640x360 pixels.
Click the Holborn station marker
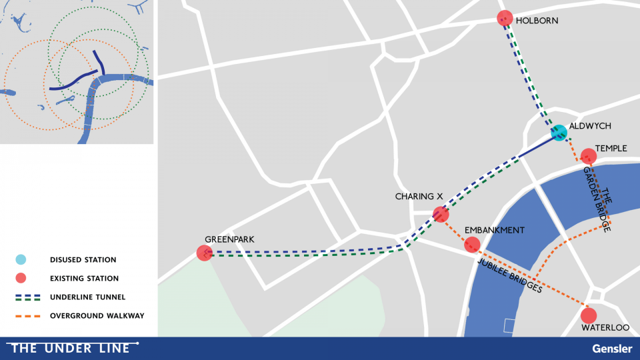(x=505, y=18)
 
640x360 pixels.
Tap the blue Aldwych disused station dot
(x=559, y=133)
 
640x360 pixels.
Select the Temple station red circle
(x=588, y=156)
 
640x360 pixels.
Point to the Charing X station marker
(x=441, y=214)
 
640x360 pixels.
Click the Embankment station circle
(x=472, y=245)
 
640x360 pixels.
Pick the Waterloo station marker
(x=588, y=315)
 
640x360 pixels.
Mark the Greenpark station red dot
(x=205, y=253)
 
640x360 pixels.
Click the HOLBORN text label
(x=537, y=21)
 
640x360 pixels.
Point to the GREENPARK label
(x=230, y=239)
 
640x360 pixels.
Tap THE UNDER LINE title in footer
(x=71, y=348)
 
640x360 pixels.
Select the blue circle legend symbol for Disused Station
(x=21, y=259)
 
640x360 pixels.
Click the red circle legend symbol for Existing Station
(x=21, y=278)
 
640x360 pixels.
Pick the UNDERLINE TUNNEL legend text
(x=87, y=297)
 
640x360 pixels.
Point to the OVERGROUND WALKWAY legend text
(x=97, y=315)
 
